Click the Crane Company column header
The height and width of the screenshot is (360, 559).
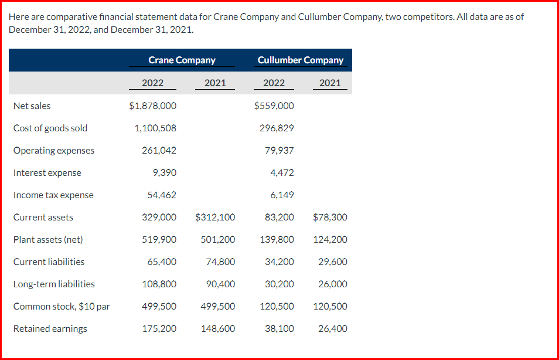pos(182,60)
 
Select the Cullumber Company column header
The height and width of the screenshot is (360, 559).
pos(301,60)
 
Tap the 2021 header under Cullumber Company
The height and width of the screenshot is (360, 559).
pos(330,83)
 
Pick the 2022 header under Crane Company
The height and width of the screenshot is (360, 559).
pos(152,83)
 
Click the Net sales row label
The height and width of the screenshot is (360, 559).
pos(32,106)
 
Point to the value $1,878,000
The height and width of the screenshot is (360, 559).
pos(152,106)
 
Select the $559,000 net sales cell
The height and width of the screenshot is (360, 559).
pos(274,106)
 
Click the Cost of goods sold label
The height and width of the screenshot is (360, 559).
pos(50,128)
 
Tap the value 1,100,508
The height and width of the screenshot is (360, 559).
pos(155,128)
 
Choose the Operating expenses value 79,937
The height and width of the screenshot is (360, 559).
pos(279,151)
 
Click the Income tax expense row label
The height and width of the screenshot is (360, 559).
pos(53,195)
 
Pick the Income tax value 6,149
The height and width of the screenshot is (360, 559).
pos(282,195)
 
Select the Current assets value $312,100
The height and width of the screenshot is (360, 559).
pos(215,218)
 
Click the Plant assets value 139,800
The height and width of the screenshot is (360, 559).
pos(277,240)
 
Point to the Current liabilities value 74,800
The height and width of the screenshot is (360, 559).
pos(221,262)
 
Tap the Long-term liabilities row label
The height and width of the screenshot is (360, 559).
pos(54,284)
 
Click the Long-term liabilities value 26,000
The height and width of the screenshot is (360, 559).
pos(333,284)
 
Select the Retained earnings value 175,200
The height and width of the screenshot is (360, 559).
pos(159,329)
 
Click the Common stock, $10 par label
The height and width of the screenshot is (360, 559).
pos(62,307)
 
